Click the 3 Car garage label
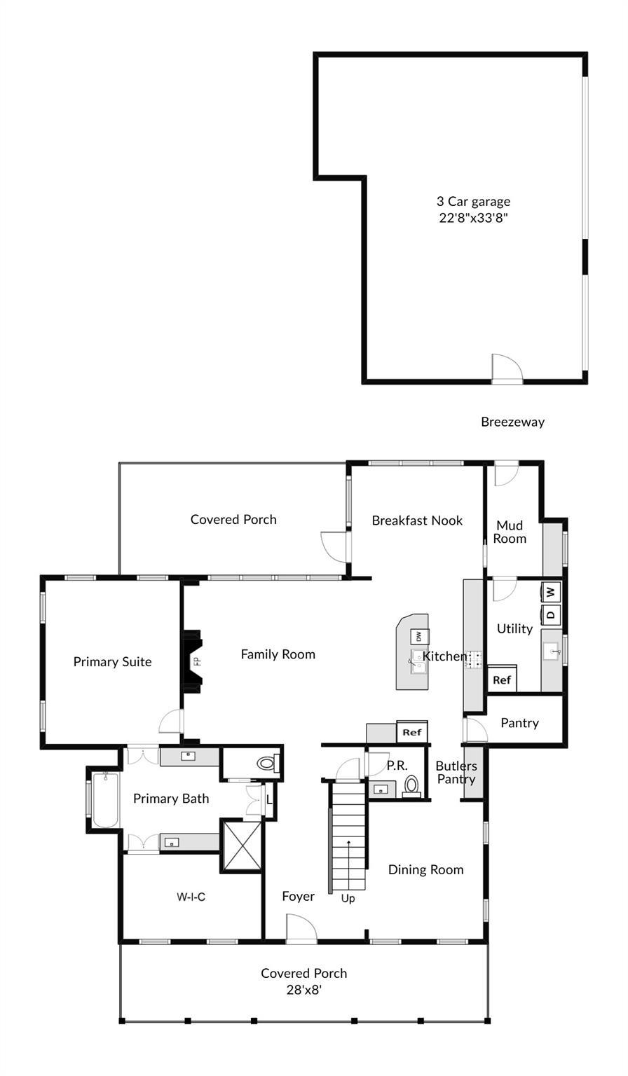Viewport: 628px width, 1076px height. click(473, 202)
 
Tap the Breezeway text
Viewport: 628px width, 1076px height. click(512, 422)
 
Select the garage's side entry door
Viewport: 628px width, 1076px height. click(506, 369)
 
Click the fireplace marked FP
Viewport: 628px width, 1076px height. click(193, 661)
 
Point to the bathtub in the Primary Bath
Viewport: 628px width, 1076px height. click(104, 800)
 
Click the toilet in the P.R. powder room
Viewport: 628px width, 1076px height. click(412, 785)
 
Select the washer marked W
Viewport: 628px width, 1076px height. click(551, 591)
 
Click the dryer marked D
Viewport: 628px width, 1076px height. click(551, 614)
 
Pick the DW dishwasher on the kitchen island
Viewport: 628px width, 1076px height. click(418, 636)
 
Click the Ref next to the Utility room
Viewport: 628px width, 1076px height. click(502, 680)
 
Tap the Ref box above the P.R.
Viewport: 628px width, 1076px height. click(412, 733)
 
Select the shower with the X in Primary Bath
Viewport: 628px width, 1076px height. click(242, 846)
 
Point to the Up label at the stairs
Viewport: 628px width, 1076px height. click(348, 899)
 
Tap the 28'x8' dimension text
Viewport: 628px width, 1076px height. click(303, 991)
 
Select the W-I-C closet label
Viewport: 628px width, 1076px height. click(191, 897)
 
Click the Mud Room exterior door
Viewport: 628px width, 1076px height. click(505, 474)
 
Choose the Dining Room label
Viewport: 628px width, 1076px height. click(425, 869)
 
